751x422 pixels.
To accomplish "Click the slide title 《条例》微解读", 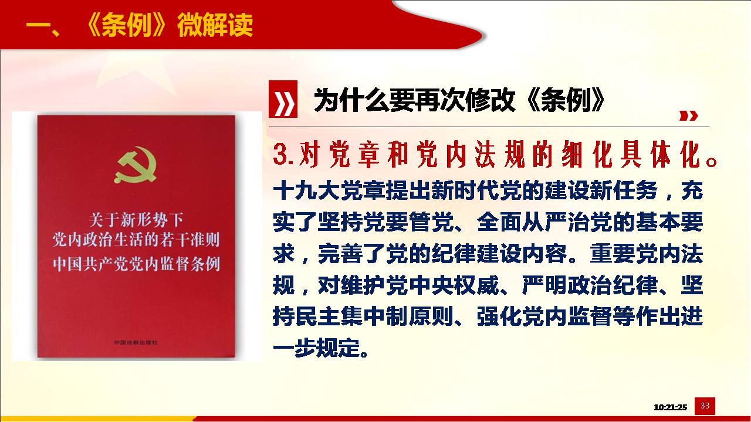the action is click(x=170, y=25).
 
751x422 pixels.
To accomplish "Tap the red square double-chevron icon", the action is click(x=283, y=99).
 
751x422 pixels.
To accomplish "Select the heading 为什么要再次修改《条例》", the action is click(x=459, y=100).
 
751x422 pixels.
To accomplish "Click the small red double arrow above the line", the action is click(x=688, y=116).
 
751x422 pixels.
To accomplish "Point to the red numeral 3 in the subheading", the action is click(x=281, y=154).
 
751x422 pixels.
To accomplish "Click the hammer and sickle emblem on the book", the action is click(x=137, y=165).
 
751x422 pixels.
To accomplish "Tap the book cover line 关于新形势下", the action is click(x=136, y=220).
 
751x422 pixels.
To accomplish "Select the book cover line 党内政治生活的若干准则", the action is click(x=136, y=240).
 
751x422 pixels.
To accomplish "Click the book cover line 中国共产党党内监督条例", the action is click(x=136, y=264).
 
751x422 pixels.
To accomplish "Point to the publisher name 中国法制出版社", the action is click(x=136, y=342).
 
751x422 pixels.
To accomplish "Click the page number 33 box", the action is click(x=705, y=406).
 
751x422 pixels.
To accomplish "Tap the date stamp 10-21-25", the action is click(x=670, y=407).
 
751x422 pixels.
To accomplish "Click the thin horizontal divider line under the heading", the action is click(x=489, y=127).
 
